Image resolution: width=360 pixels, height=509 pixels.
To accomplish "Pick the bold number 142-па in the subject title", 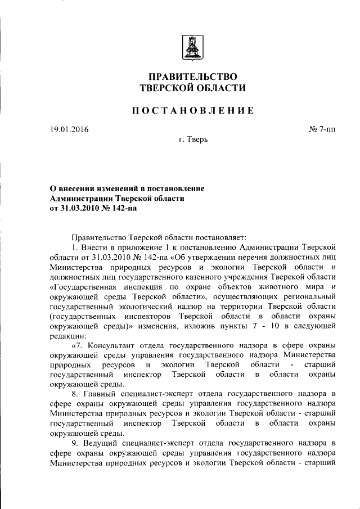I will point(120,208).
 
